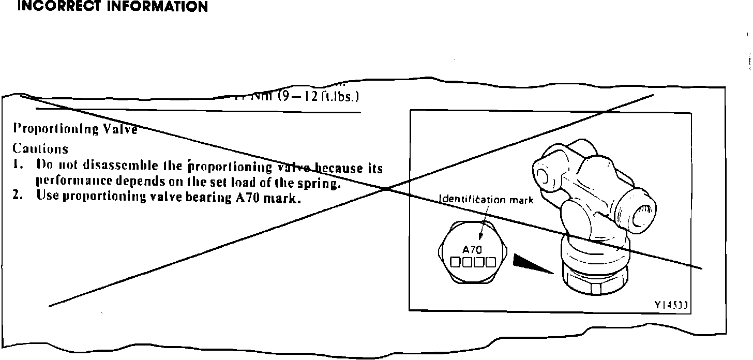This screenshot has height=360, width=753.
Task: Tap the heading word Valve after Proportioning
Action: tap(120, 129)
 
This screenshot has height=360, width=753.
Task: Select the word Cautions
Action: tap(40, 149)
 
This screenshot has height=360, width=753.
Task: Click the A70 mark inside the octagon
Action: tap(472, 249)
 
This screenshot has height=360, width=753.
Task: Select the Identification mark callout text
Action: tap(486, 200)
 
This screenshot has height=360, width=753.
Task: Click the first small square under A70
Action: tap(455, 262)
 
